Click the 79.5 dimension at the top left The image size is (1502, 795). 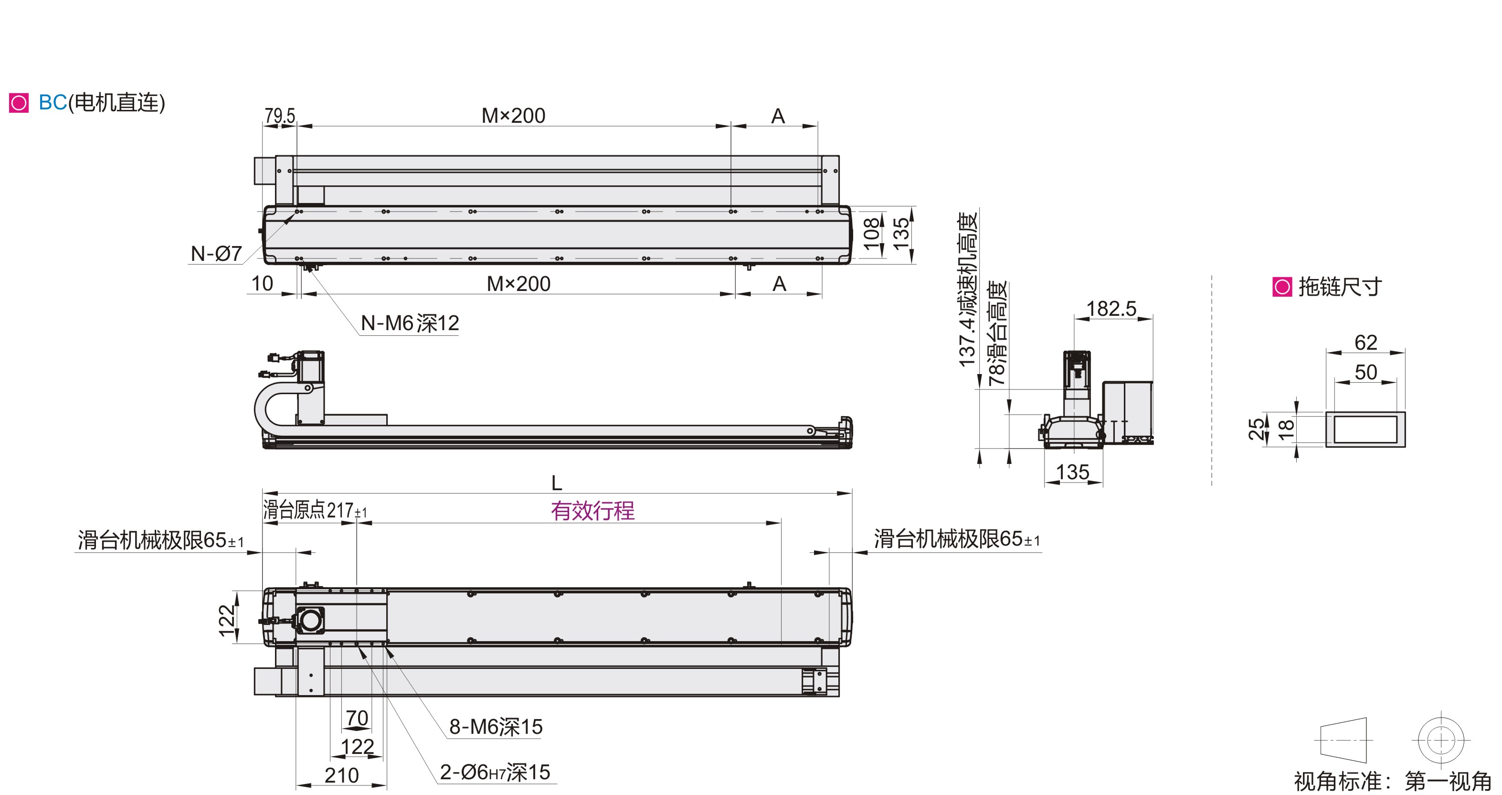[280, 116]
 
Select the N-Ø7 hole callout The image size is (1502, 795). [216, 254]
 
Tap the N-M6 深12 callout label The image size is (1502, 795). [410, 323]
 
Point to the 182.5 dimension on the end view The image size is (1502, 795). [1111, 309]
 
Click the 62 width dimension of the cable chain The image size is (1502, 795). [1365, 343]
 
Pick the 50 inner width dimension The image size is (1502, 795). [1365, 372]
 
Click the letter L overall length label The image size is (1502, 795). [557, 483]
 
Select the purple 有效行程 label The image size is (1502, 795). [592, 511]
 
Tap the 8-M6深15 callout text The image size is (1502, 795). [496, 727]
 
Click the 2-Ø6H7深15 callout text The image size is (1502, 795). [495, 772]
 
